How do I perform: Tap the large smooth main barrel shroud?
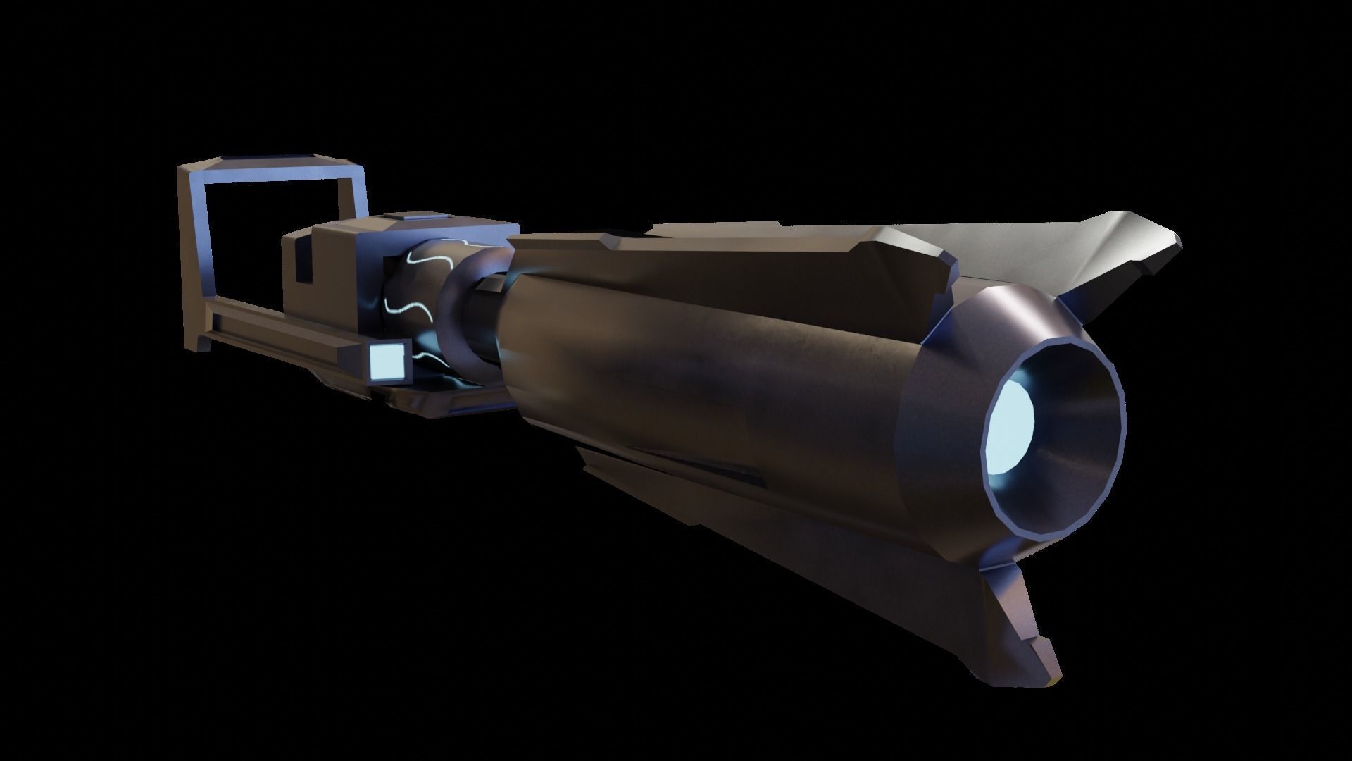[704, 352]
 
